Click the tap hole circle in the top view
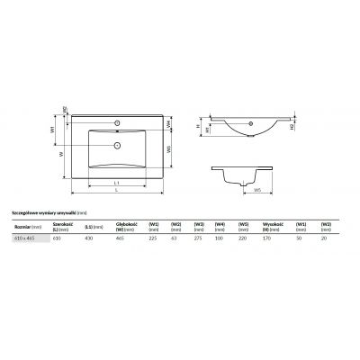(117, 121)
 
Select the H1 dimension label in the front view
(208, 130)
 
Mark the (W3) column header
(199, 224)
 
